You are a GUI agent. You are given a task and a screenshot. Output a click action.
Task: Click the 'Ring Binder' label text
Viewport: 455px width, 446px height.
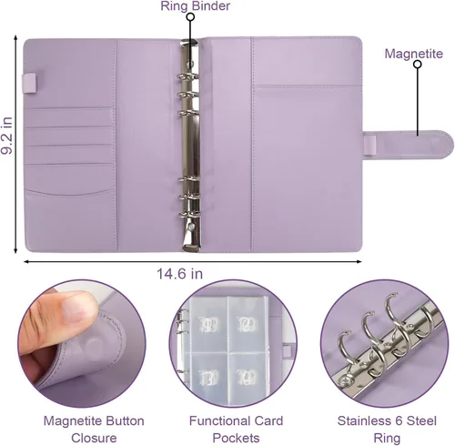(x=195, y=6)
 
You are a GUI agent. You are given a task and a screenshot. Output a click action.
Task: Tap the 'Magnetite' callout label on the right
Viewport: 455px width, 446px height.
(x=414, y=54)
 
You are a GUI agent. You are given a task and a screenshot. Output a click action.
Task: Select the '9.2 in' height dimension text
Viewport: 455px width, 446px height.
(x=6, y=136)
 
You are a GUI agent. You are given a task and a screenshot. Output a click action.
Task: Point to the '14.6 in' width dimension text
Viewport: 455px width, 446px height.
(x=179, y=274)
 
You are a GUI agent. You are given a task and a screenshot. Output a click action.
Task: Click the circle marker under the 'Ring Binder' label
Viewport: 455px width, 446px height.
(x=190, y=17)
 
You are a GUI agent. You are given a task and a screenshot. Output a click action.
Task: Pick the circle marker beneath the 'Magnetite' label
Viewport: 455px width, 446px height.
(x=418, y=65)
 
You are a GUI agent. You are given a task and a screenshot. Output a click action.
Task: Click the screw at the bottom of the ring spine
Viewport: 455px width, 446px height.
(x=191, y=227)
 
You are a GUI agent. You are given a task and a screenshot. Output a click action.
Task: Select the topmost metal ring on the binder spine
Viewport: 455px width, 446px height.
(x=187, y=77)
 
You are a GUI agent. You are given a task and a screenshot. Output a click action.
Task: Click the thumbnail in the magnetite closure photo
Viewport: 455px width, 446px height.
(x=76, y=309)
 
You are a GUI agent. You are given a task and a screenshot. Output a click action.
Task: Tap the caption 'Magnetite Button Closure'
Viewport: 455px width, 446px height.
(x=94, y=430)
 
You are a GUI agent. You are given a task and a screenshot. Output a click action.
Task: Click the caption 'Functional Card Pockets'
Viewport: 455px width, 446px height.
(x=236, y=430)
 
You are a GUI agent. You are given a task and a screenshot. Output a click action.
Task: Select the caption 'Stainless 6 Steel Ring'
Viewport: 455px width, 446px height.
(x=387, y=430)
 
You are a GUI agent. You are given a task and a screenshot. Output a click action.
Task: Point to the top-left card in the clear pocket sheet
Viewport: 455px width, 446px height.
(x=209, y=324)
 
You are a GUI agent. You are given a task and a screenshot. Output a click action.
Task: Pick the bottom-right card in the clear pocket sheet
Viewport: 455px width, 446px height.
(x=248, y=377)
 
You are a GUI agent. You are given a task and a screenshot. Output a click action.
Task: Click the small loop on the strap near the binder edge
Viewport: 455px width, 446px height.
(x=369, y=145)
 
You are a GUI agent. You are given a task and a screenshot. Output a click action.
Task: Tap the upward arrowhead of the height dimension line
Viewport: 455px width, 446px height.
(x=15, y=38)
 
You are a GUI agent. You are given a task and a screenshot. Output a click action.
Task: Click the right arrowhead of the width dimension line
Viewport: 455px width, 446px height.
(x=359, y=261)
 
